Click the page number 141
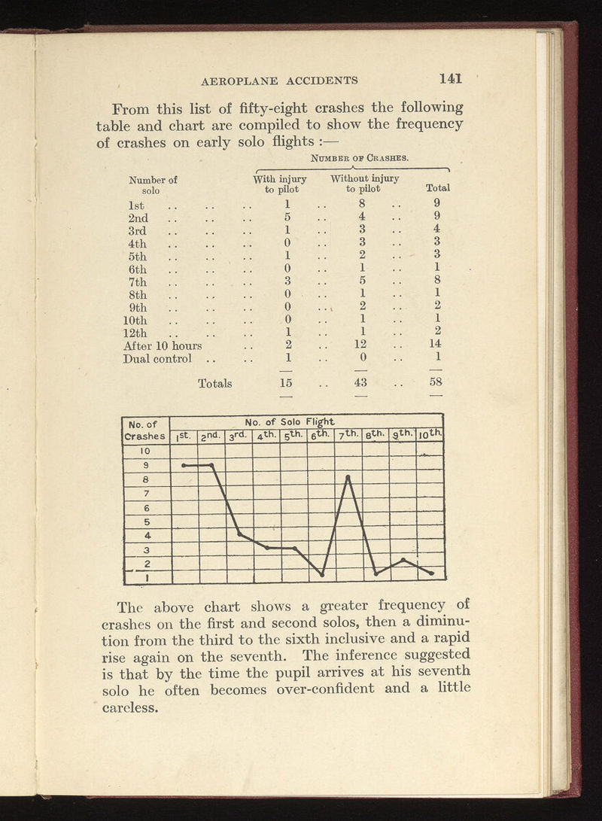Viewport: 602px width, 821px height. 451,78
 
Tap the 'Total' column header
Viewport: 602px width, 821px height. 437,188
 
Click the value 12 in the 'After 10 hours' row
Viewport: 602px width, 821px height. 363,345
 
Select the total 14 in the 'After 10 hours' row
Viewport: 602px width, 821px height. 436,345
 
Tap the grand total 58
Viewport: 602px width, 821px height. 436,383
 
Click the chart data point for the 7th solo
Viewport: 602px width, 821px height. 348,476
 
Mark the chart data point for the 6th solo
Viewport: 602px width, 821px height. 321,575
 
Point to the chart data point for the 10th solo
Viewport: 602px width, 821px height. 431,573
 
